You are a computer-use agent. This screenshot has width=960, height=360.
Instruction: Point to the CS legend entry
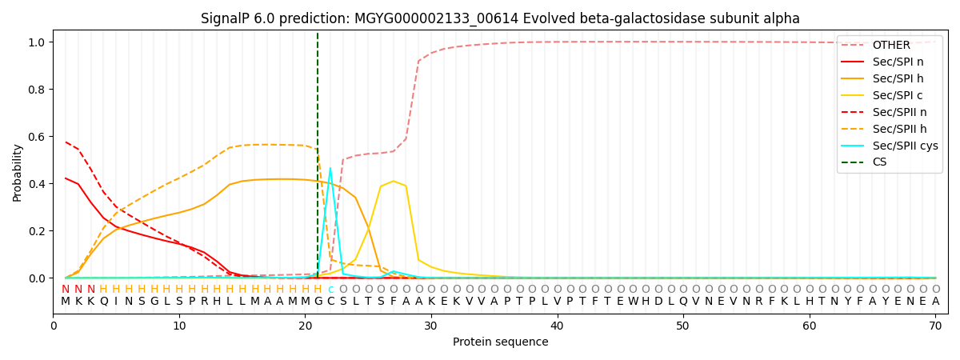tap(879, 162)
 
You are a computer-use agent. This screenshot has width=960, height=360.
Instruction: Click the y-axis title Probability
tap(18, 172)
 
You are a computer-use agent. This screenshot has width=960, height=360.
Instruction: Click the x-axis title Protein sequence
tap(500, 342)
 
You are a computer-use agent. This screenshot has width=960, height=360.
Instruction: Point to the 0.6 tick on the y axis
tap(35, 137)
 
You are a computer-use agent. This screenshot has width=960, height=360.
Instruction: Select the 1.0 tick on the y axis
tap(35, 42)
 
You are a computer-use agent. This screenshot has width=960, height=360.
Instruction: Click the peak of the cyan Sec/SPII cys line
tap(330, 169)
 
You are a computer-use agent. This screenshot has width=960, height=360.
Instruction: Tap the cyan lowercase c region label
tap(330, 290)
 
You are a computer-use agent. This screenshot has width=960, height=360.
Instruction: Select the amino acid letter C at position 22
tap(330, 302)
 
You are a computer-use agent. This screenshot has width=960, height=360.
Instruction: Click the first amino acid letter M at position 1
tap(66, 302)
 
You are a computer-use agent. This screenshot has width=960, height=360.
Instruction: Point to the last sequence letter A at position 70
tap(935, 302)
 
